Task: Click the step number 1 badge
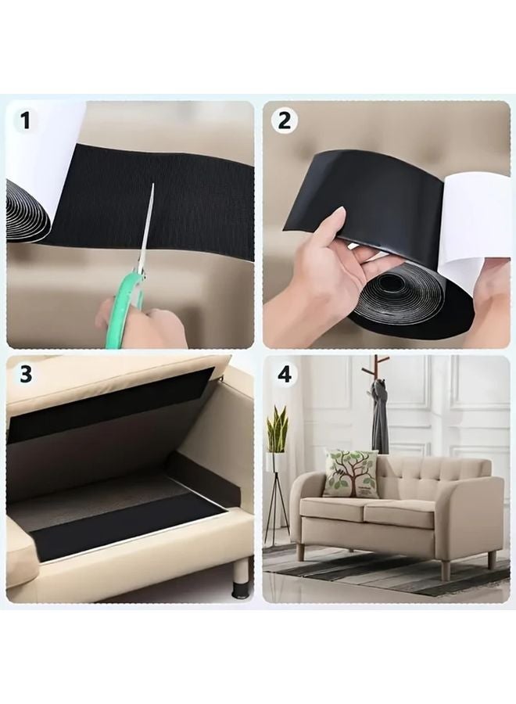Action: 26,120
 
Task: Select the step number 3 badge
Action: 26,373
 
